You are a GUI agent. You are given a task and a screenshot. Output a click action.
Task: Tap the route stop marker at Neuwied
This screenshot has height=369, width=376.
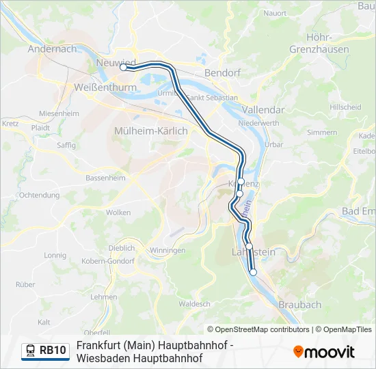point(124,68)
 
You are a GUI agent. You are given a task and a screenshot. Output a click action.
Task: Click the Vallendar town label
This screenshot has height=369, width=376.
point(263,109)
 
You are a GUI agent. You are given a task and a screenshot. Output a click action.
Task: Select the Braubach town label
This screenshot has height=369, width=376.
point(299,305)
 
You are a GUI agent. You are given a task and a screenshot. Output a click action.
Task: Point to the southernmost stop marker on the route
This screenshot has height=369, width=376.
point(253,272)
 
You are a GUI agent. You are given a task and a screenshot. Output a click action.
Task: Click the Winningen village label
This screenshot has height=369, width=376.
point(167,251)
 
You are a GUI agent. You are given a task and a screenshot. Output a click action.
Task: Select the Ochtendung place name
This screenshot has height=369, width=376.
point(40,195)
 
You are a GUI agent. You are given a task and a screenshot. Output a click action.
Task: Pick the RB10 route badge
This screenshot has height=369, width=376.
point(45,351)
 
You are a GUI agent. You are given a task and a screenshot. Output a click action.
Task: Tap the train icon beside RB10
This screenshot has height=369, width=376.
point(31,351)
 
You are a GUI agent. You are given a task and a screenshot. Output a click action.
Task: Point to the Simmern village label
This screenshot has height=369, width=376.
point(322,132)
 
